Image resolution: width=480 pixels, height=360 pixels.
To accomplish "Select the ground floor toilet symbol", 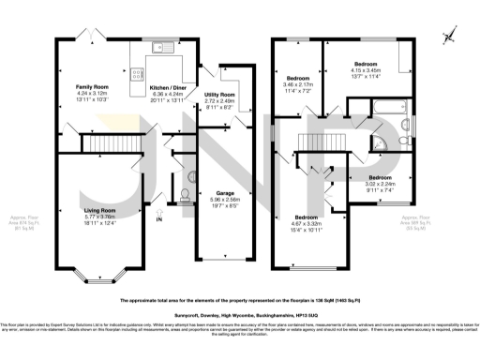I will [x=185, y=194].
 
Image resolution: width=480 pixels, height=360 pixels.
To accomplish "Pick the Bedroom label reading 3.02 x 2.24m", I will [x=380, y=184].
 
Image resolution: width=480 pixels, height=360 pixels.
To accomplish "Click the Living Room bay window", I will [x=94, y=278].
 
